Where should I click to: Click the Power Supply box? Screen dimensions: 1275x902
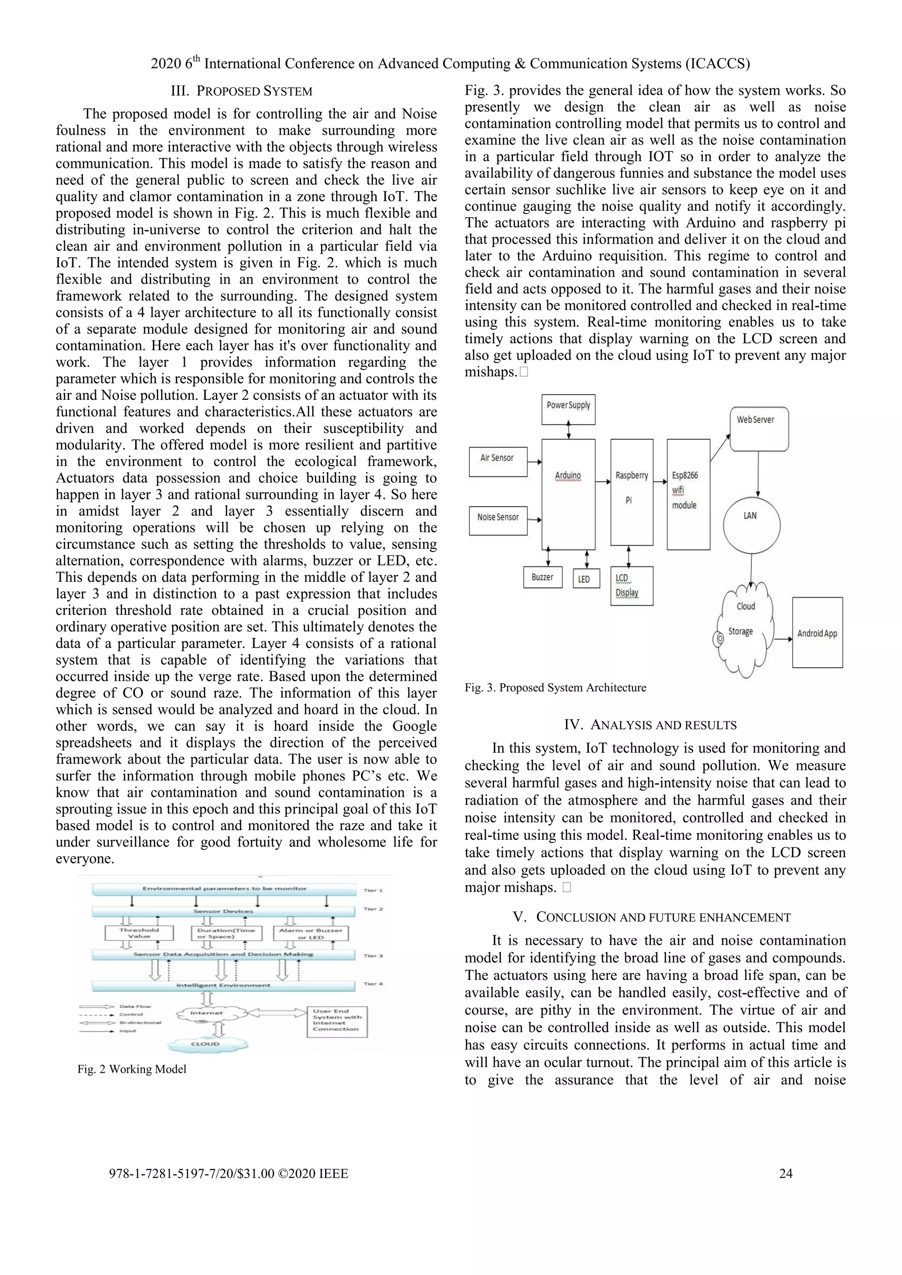click(x=568, y=409)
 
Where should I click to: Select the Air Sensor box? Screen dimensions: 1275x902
click(x=498, y=461)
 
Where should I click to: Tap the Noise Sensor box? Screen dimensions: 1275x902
click(x=498, y=520)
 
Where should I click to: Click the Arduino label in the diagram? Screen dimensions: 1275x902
click(x=568, y=476)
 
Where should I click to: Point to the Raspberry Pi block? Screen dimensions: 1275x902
click(x=632, y=492)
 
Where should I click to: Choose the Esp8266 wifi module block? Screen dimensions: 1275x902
click(x=688, y=494)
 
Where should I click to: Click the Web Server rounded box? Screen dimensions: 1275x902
click(x=759, y=429)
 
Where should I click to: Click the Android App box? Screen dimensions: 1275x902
click(x=817, y=632)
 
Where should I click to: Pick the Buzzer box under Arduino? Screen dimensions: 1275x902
click(x=543, y=577)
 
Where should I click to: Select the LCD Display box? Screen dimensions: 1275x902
click(x=632, y=585)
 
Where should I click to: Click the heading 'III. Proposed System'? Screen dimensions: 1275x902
click(x=242, y=91)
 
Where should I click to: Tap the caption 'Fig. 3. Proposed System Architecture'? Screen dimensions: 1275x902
click(x=555, y=687)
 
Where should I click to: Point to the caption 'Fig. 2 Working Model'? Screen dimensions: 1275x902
click(x=132, y=1069)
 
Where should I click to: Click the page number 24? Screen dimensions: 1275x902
click(x=785, y=1173)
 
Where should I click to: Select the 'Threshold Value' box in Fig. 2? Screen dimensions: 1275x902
click(x=139, y=933)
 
